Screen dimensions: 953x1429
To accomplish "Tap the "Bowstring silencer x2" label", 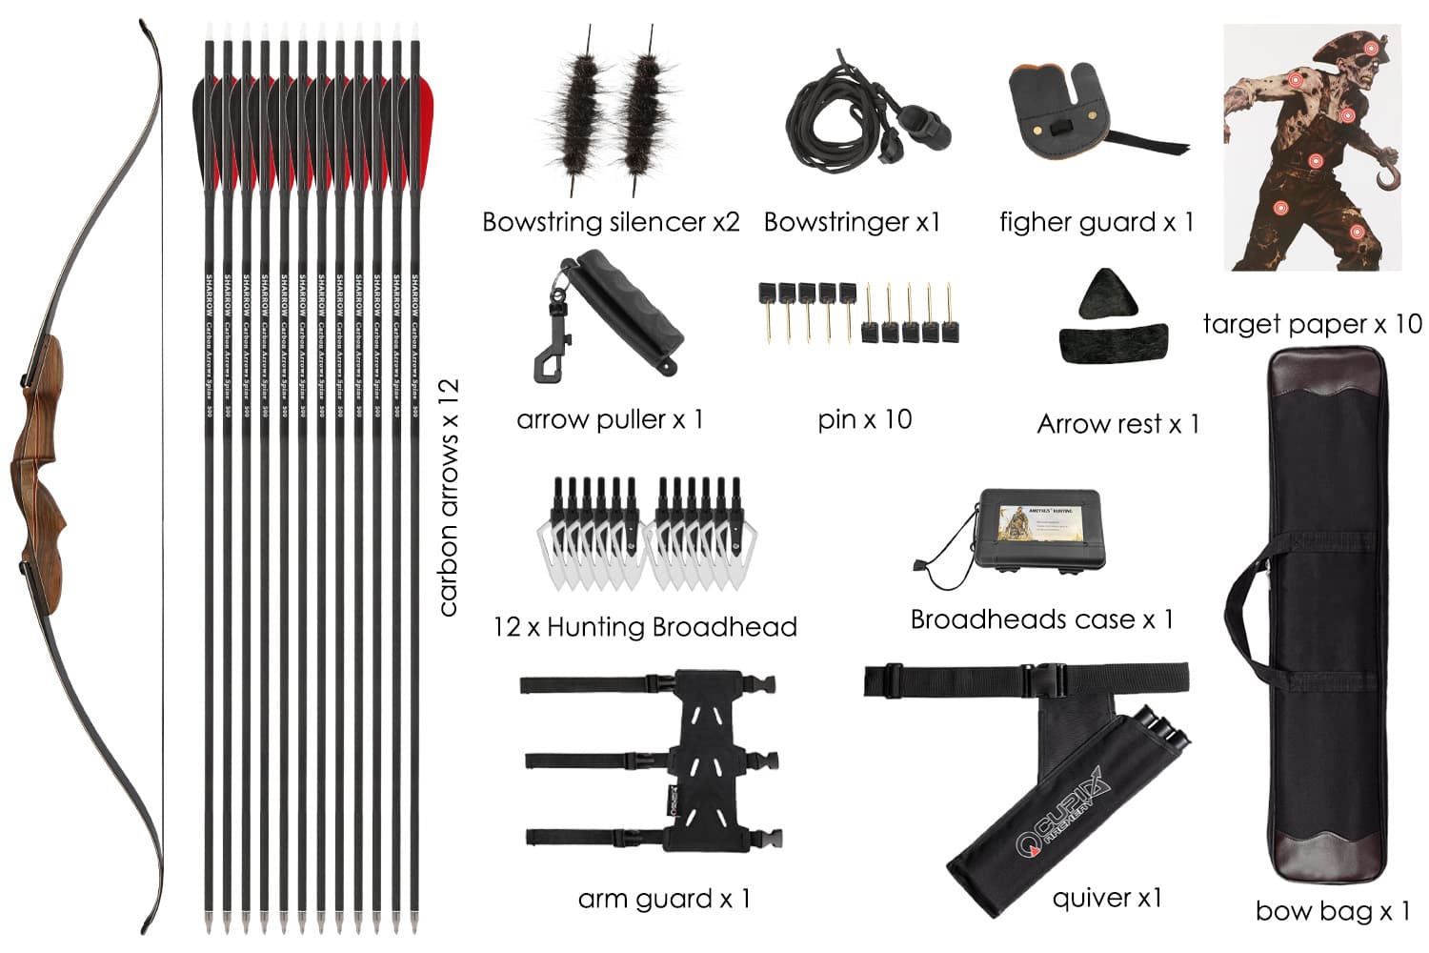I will point(611,222).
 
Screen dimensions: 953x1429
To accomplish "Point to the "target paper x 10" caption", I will point(1312,324).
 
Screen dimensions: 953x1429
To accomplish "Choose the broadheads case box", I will point(1034,530).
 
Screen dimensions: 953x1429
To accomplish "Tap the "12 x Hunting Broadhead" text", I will point(645,627).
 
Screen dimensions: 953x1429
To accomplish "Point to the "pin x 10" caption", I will point(864,419).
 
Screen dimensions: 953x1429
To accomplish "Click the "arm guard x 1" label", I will point(664,899).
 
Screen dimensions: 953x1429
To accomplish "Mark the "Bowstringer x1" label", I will point(852,222).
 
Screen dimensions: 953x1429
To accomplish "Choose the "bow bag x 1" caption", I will point(1332,911).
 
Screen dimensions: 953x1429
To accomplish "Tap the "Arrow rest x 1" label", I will point(1117,423).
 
